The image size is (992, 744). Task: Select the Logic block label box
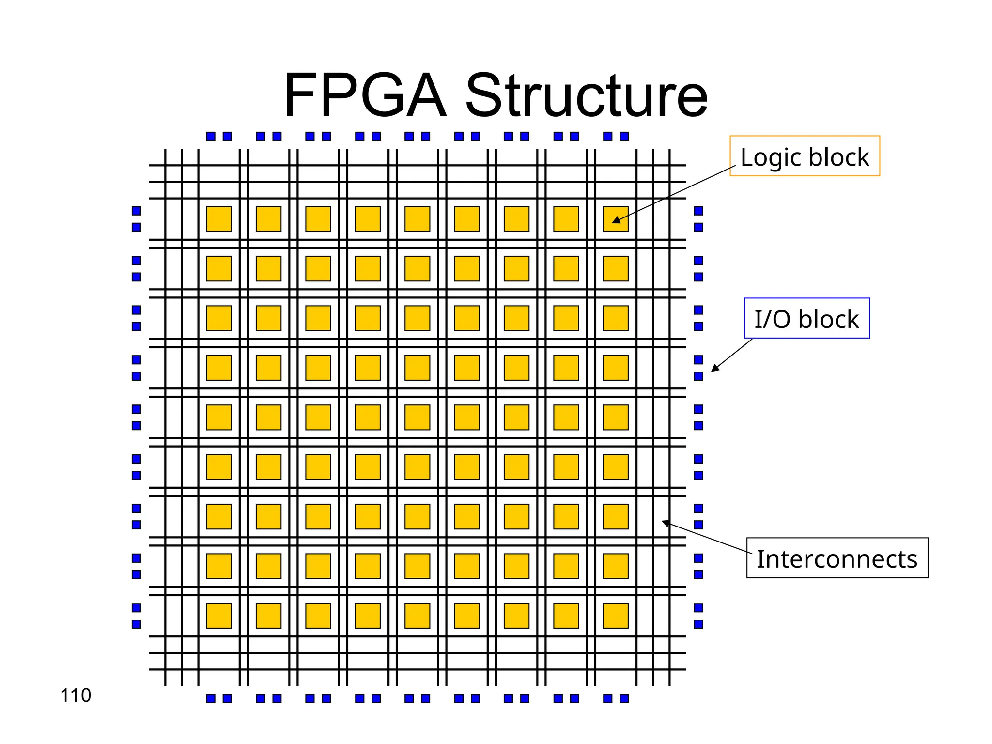[805, 156]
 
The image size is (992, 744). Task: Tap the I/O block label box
[806, 318]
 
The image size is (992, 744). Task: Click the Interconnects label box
[837, 558]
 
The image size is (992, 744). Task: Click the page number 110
[76, 696]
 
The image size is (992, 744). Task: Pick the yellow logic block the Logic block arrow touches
[616, 219]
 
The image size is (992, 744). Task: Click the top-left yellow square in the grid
[219, 219]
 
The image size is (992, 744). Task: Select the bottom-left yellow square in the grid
[219, 616]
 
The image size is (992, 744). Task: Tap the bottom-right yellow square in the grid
[616, 616]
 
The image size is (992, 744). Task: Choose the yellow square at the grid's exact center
[417, 417]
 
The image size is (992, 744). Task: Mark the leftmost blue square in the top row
[211, 137]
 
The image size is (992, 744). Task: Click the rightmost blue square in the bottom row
[624, 698]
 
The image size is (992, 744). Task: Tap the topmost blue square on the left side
[137, 211]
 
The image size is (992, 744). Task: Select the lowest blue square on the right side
[698, 624]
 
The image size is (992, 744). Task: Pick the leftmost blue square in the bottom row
[211, 698]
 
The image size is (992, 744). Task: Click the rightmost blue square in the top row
[624, 137]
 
